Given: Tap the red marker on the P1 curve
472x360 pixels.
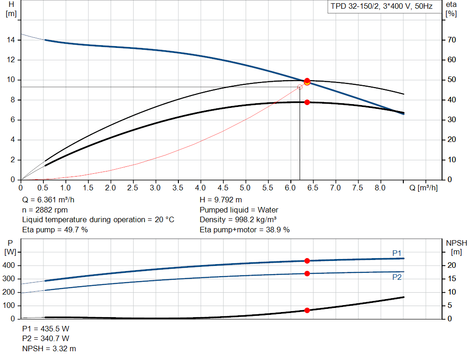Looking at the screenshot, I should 307,261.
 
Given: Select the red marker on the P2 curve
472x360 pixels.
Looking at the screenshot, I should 307,273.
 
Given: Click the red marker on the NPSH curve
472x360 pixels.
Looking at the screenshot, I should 307,310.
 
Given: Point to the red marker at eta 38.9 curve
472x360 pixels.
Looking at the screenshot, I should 307,102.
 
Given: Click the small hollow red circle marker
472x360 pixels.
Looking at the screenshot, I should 300,87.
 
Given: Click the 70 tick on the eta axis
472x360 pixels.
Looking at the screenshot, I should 451,40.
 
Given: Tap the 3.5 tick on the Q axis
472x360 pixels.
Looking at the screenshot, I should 178,188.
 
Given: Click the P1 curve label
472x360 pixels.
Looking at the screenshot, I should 397,253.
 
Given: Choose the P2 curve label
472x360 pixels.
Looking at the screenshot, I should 397,277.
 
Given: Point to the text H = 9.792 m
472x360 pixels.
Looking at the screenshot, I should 221,200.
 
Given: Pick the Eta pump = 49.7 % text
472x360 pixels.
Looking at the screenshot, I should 55,230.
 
